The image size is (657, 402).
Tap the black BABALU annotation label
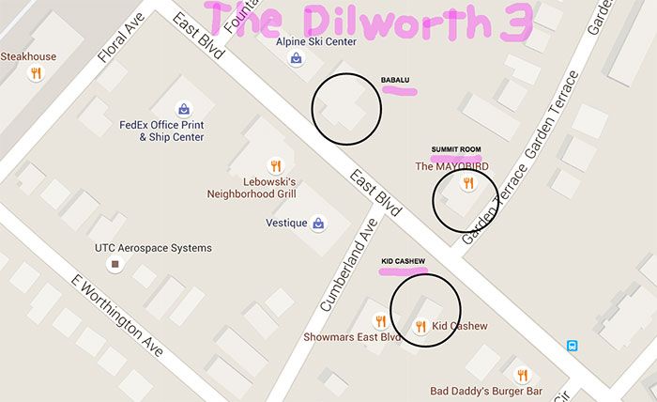[x=395, y=79]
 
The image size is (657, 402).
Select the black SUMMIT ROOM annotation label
[x=455, y=149]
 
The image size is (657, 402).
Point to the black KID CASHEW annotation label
[x=404, y=260]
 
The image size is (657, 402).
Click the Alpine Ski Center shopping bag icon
[x=297, y=58]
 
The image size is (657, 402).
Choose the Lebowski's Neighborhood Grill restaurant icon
[x=276, y=163]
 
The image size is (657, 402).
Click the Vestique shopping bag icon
[x=319, y=224]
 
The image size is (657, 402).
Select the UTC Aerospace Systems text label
[x=153, y=248]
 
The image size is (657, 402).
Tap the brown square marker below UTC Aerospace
[x=115, y=265]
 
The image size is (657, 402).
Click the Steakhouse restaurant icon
[x=36, y=73]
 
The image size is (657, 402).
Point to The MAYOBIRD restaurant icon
[x=466, y=184]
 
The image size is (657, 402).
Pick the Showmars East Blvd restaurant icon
[x=380, y=320]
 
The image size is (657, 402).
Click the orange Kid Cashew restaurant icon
[x=420, y=326]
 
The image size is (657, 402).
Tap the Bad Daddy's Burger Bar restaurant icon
[x=522, y=375]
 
